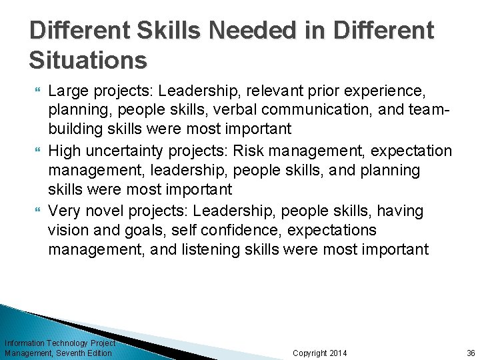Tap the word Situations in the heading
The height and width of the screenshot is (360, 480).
[88, 61]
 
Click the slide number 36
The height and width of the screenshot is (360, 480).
[471, 353]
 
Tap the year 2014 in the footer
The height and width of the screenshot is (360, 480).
[337, 353]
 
